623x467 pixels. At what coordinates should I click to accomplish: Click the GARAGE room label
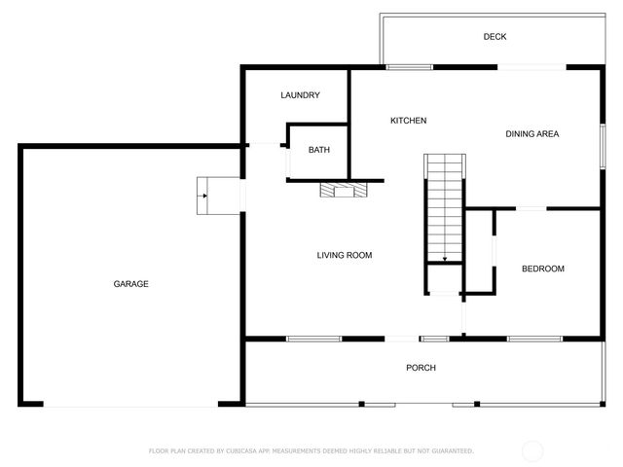[x=130, y=284]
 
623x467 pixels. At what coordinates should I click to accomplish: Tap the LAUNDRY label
[x=300, y=95]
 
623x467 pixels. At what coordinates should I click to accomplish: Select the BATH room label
[x=318, y=150]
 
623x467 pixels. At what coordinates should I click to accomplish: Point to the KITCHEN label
[x=408, y=121]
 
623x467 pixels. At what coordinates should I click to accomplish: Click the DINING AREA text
[x=531, y=134]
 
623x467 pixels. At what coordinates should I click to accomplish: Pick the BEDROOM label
[x=542, y=269]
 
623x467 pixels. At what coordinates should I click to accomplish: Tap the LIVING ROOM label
[x=345, y=256]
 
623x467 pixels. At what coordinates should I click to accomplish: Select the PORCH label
[x=421, y=368]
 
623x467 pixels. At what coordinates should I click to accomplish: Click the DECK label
[x=495, y=37]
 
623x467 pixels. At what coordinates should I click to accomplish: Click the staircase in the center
[x=444, y=209]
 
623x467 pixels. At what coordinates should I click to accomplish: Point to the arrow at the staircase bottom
[x=444, y=259]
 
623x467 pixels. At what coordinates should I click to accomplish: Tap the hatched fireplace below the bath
[x=346, y=191]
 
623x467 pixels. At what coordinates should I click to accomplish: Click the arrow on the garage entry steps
[x=203, y=194]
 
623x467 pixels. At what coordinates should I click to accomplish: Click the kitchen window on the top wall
[x=409, y=67]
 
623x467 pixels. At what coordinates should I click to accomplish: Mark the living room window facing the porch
[x=313, y=339]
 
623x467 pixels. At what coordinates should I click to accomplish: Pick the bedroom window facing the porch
[x=534, y=339]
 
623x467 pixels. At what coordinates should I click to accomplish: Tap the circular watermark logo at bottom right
[x=532, y=450]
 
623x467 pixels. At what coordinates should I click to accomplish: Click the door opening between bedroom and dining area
[x=531, y=208]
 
